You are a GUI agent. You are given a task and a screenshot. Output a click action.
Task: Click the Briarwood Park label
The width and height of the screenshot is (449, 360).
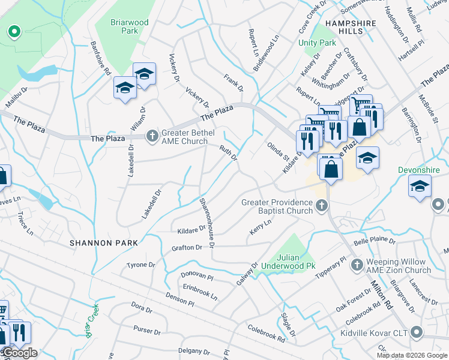(x=129, y=26)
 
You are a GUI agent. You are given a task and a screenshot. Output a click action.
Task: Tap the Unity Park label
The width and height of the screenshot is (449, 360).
(x=318, y=43)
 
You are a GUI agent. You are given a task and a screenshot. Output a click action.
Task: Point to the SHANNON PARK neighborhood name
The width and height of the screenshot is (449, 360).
(x=103, y=243)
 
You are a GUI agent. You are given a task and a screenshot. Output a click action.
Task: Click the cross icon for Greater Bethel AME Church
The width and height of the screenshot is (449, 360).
(x=152, y=136)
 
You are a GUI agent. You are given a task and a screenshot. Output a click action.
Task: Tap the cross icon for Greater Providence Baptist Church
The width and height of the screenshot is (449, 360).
(x=322, y=206)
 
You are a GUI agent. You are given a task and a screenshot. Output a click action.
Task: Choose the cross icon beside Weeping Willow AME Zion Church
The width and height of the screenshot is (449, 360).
(x=357, y=264)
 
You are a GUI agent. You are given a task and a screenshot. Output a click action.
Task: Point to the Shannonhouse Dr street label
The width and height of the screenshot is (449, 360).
(x=207, y=221)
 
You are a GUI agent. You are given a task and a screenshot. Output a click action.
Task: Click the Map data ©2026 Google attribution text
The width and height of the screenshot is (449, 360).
(x=411, y=355)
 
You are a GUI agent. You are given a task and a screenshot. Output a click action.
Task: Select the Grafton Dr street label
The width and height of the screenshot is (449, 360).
(x=187, y=247)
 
